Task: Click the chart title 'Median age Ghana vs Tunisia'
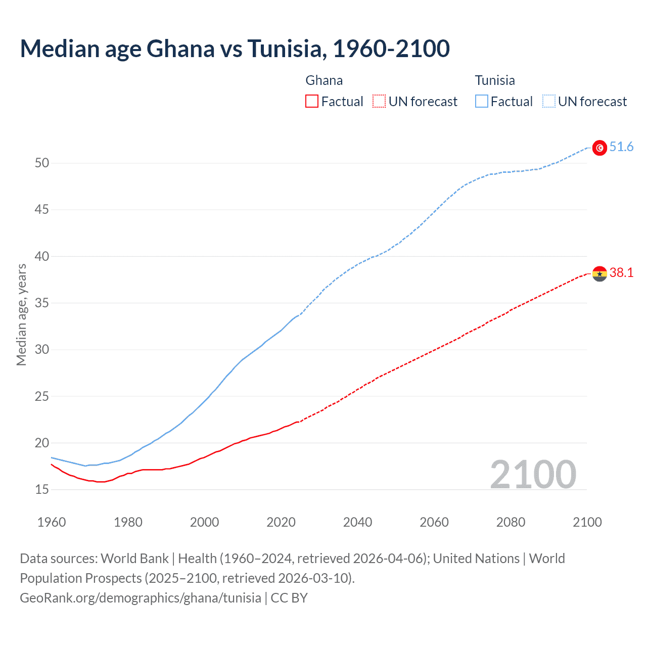235,49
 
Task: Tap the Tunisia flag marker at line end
599,148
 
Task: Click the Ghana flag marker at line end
599,273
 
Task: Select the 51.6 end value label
621,147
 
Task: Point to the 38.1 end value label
621,273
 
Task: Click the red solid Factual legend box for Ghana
312,102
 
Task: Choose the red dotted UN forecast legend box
379,102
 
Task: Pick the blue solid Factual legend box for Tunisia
481,102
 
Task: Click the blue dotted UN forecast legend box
548,102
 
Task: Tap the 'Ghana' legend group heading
324,80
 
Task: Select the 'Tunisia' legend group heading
495,80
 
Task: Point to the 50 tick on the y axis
42,163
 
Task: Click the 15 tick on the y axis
42,489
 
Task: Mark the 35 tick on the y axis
42,303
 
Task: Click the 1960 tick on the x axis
52,522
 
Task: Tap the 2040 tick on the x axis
357,522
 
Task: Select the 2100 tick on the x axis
587,522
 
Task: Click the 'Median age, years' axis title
21,314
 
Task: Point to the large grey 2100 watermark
533,474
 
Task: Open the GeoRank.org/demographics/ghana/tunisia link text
141,598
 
